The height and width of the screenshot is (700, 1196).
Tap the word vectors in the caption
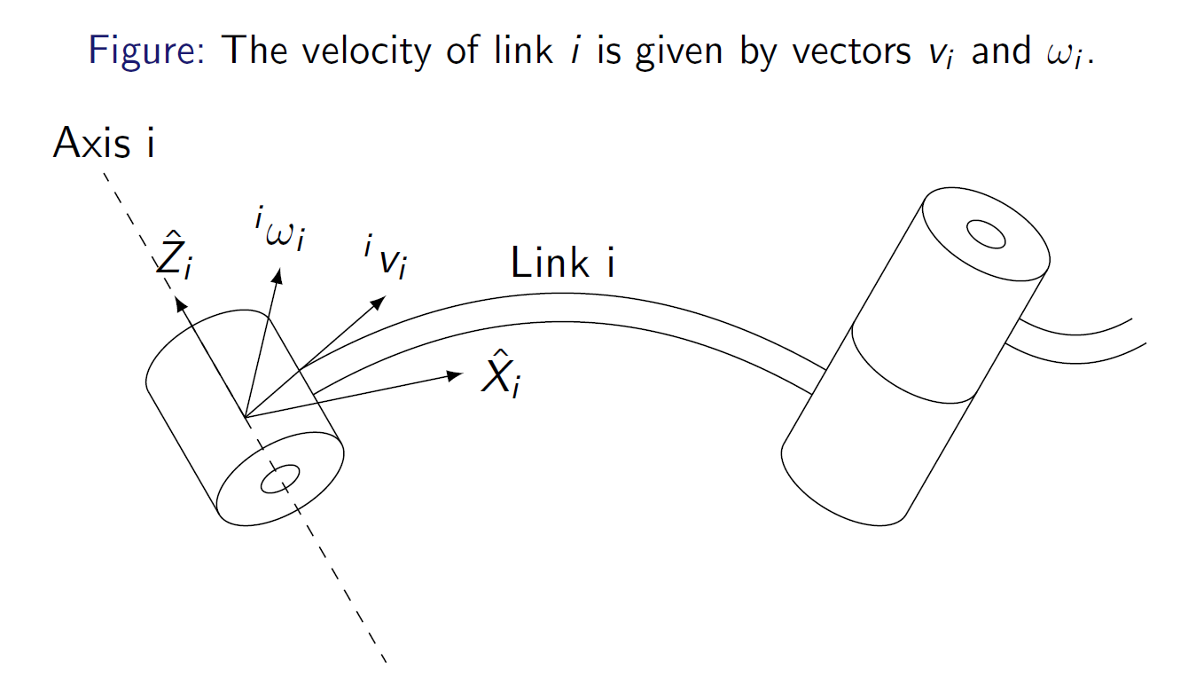pos(847,51)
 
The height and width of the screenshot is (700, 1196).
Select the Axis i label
pos(104,142)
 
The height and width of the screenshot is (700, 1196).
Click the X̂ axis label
pos(499,374)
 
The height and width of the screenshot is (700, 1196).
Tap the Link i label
pos(562,263)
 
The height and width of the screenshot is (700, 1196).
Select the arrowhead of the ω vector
pos(278,275)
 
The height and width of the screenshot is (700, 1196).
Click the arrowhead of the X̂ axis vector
pos(457,375)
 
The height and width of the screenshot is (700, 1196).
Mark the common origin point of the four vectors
pos(246,416)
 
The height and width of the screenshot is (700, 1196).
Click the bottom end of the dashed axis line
pos(385,661)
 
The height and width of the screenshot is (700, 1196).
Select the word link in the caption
pos(532,51)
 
